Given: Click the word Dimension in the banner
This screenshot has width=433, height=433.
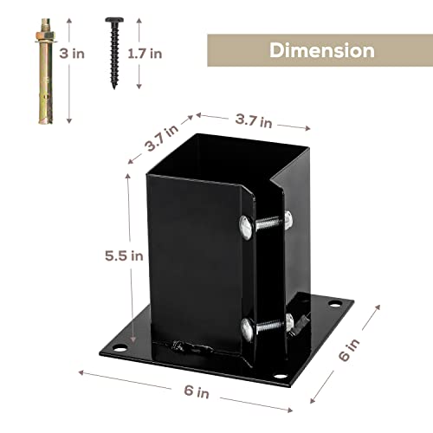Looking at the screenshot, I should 322,49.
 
